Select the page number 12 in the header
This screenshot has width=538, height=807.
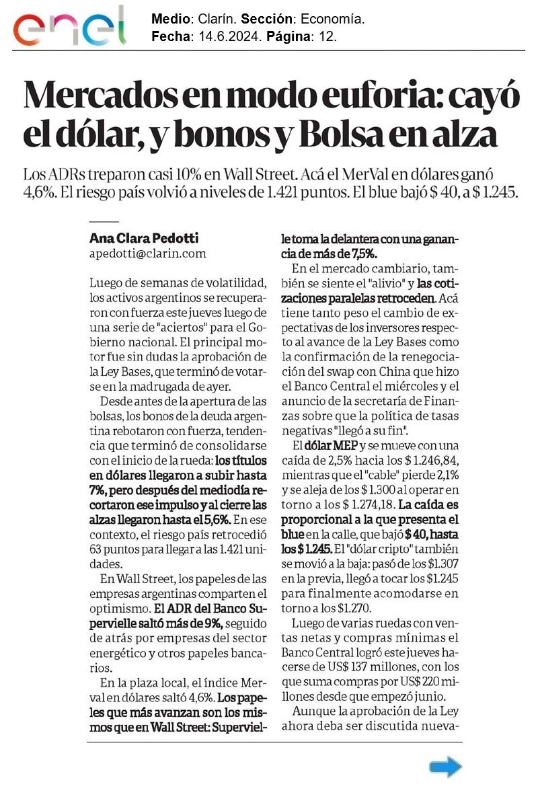coord(328,36)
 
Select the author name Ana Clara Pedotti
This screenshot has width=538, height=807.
coord(144,238)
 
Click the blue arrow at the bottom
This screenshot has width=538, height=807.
coord(446,767)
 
